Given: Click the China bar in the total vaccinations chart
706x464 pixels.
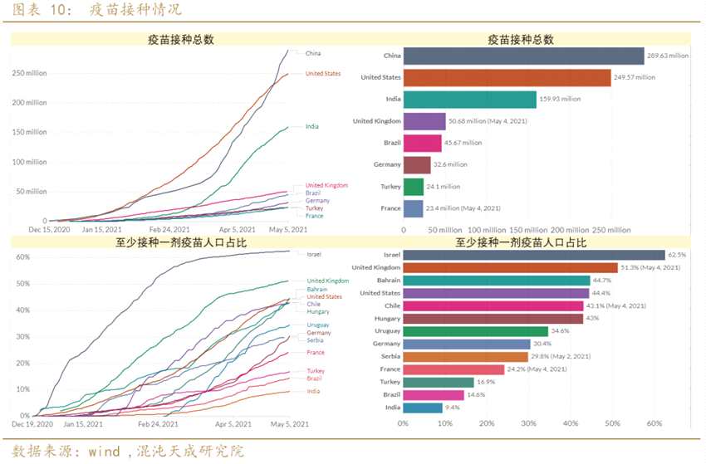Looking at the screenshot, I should click(524, 56).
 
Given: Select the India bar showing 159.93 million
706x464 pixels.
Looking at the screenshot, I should click(470, 99).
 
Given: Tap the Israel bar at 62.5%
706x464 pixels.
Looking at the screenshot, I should click(534, 255).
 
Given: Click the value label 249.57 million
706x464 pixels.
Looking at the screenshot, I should click(635, 77).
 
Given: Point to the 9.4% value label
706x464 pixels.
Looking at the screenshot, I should click(454, 408).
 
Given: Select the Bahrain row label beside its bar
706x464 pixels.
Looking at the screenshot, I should click(387, 281).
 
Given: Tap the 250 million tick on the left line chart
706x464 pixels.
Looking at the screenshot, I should click(30, 73).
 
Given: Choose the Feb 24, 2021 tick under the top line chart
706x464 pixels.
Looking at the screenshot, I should click(169, 230).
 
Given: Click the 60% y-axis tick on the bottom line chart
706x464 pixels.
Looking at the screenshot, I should click(23, 257).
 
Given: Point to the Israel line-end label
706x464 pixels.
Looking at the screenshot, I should click(314, 254).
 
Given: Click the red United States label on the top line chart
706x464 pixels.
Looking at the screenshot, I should click(323, 73).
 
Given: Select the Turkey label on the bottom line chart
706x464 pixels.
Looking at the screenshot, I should click(316, 370).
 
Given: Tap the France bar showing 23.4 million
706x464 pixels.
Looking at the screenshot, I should click(414, 208).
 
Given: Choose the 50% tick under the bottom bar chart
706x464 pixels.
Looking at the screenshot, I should click(613, 423).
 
